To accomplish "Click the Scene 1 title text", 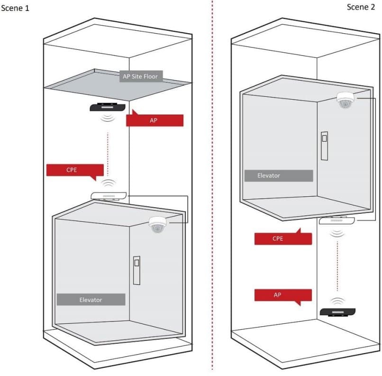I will click(x=16, y=9).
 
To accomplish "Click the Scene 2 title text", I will click(x=363, y=7).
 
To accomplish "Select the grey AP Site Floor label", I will click(x=140, y=76).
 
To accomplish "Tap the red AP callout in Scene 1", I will click(x=155, y=120).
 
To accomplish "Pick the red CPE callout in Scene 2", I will click(x=282, y=238).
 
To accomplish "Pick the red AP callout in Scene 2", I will click(x=282, y=295).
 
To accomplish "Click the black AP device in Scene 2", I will click(x=337, y=312).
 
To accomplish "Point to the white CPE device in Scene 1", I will click(x=109, y=195).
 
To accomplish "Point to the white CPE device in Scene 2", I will click(x=337, y=220).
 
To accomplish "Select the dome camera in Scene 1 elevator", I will click(x=157, y=224).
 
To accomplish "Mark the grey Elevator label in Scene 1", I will click(x=91, y=300).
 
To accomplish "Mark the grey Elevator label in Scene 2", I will click(x=279, y=175).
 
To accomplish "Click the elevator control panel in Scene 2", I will click(x=324, y=145).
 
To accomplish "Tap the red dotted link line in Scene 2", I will click(x=337, y=266).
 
